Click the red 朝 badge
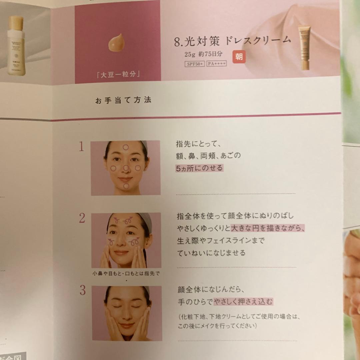point(239,57)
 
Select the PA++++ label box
point(216,64)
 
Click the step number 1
point(81,147)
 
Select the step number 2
point(82,218)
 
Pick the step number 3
point(82,290)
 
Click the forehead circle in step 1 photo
point(125,147)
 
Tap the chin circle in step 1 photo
point(126,186)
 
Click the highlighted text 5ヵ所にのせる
point(199,168)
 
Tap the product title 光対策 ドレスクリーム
point(232,41)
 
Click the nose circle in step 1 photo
point(126,168)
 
